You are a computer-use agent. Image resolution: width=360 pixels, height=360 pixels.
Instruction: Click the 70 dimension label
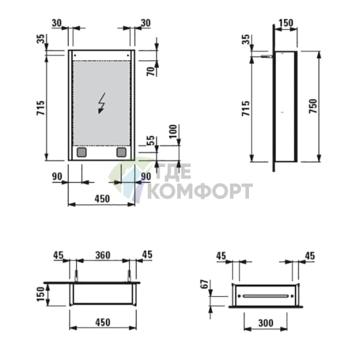click(x=151, y=71)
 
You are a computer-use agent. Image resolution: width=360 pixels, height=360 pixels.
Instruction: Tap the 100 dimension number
click(x=173, y=131)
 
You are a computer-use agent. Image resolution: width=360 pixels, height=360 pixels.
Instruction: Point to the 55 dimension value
click(x=151, y=140)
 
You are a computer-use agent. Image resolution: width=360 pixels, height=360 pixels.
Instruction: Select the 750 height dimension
click(x=313, y=106)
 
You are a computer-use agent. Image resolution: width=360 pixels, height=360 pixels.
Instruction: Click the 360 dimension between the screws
click(x=102, y=255)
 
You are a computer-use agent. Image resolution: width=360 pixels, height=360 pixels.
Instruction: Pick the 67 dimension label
click(x=205, y=284)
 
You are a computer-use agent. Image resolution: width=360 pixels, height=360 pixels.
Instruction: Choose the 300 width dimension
click(x=266, y=323)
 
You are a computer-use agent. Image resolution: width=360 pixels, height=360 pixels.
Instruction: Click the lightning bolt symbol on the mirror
click(x=102, y=103)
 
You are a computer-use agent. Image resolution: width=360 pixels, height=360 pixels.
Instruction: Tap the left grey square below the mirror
click(x=81, y=152)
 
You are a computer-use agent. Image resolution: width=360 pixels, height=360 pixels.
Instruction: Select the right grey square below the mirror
click(x=121, y=152)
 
